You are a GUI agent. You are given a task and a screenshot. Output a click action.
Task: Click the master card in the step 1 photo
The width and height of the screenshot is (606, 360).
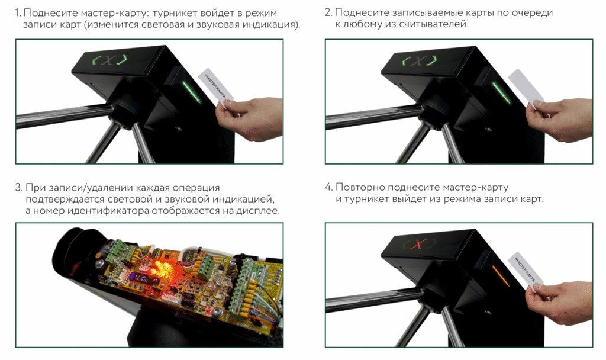pyautogui.click(x=217, y=89)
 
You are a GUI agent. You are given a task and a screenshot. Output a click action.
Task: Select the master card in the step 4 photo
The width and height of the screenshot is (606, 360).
pyautogui.click(x=526, y=272)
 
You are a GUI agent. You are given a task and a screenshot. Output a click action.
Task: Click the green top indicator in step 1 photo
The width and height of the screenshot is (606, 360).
pyautogui.click(x=110, y=61)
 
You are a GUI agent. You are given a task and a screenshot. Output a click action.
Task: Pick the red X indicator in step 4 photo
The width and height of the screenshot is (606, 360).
pyautogui.click(x=418, y=243)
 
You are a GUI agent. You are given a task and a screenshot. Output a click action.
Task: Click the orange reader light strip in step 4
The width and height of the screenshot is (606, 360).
pyautogui.click(x=501, y=275)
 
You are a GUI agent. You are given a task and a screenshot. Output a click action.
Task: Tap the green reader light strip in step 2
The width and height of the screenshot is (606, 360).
pyautogui.click(x=502, y=93)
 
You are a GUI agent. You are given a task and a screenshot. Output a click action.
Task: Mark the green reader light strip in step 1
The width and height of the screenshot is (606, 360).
pyautogui.click(x=192, y=93)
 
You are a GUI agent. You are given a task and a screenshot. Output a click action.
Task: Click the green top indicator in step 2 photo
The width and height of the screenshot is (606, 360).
pyautogui.click(x=420, y=61)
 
